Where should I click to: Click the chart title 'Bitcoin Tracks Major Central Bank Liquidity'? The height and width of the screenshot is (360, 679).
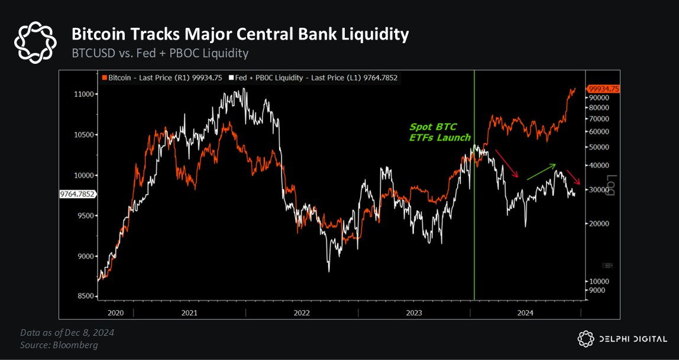pyautogui.click(x=240, y=34)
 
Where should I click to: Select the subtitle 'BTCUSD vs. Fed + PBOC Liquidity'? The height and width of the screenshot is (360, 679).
pyautogui.click(x=160, y=53)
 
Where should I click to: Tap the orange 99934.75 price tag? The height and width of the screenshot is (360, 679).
pyautogui.click(x=603, y=89)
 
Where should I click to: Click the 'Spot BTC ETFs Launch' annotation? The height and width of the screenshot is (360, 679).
pyautogui.click(x=439, y=132)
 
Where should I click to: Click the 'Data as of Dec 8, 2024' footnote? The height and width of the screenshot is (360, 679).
pyautogui.click(x=67, y=332)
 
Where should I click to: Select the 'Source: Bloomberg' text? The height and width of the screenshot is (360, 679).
pyautogui.click(x=59, y=345)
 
